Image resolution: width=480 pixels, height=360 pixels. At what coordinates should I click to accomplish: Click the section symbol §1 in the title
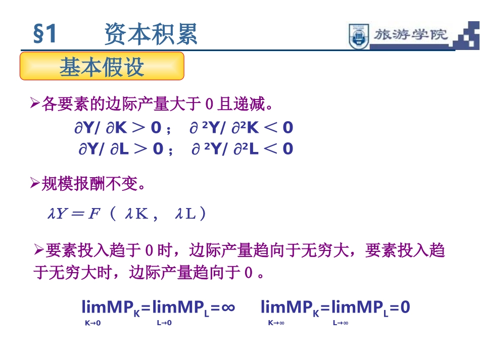pos(45,34)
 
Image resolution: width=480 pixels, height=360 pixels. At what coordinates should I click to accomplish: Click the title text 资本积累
pos(151,34)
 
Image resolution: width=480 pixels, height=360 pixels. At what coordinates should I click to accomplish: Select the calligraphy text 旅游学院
pos(411,35)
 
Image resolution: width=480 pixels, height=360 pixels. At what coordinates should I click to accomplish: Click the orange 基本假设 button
pos(102,66)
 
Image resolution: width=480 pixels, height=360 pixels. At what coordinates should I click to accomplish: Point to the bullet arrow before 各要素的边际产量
pos(35,105)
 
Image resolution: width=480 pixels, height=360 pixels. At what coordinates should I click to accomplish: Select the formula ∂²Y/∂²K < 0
pos(241,128)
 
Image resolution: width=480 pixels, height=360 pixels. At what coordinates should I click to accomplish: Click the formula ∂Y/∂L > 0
pos(121,149)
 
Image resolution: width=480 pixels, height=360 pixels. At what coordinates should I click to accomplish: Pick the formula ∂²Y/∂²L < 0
pos(242,149)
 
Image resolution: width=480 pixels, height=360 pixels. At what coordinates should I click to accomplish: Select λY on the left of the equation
pos(57,214)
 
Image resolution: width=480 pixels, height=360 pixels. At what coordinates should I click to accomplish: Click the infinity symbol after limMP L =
pos(228,306)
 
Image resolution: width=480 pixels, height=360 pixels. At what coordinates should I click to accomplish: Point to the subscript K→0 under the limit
pos(92,323)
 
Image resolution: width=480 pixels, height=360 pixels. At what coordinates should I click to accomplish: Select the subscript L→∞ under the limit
pos(340,323)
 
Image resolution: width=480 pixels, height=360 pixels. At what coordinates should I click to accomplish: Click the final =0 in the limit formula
pos(399,307)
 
